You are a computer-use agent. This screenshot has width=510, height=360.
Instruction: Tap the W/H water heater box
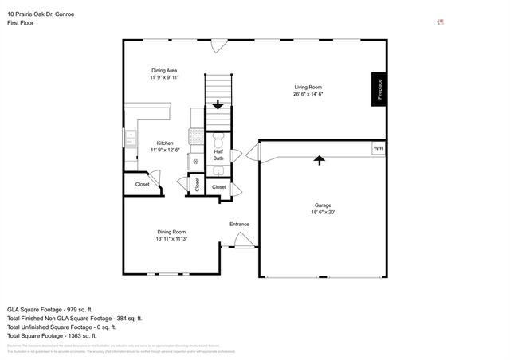coord(378,148)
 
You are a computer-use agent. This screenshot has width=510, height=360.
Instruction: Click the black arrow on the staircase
coord(218,104)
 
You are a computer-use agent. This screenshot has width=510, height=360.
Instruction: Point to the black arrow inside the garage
coord(320,160)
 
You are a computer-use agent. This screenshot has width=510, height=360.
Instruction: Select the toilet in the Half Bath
coord(218,140)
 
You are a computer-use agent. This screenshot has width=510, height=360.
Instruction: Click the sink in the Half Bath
coord(218,170)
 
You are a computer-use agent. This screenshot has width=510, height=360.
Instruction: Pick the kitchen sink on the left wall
coord(130,139)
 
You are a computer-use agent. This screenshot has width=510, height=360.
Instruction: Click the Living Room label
coord(308,88)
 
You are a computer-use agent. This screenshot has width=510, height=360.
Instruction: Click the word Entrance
coord(240,224)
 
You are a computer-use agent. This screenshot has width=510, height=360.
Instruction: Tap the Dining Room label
coord(171,232)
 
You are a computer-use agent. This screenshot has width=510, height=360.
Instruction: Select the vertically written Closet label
coord(196,184)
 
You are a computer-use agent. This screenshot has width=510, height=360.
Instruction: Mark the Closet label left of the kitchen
coord(142,184)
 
